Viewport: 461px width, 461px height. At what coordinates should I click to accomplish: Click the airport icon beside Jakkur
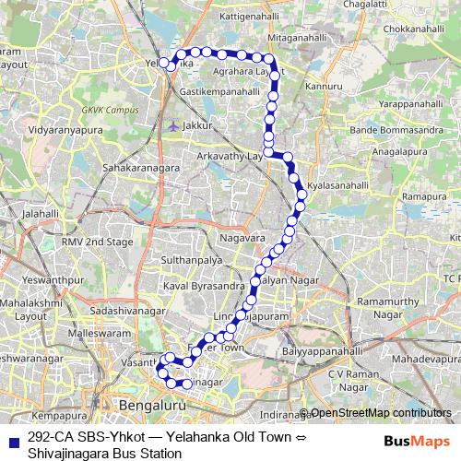172,124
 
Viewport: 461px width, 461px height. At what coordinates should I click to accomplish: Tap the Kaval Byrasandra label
196,287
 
